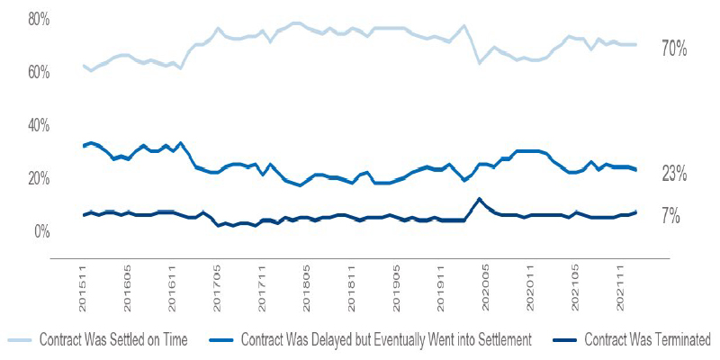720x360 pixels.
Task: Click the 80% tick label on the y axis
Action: tap(40, 19)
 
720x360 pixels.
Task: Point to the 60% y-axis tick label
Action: tap(40, 72)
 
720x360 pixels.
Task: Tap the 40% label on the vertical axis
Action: tap(40, 125)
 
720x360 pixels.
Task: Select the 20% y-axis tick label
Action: tap(40, 178)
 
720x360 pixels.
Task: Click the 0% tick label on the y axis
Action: tap(43, 231)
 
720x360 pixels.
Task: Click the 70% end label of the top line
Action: tap(674, 50)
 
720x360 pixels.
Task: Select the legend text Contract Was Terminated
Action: tap(647, 339)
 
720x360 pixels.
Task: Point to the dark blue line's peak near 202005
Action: tap(479, 199)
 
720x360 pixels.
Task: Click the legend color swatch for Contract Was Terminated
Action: tap(559, 339)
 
